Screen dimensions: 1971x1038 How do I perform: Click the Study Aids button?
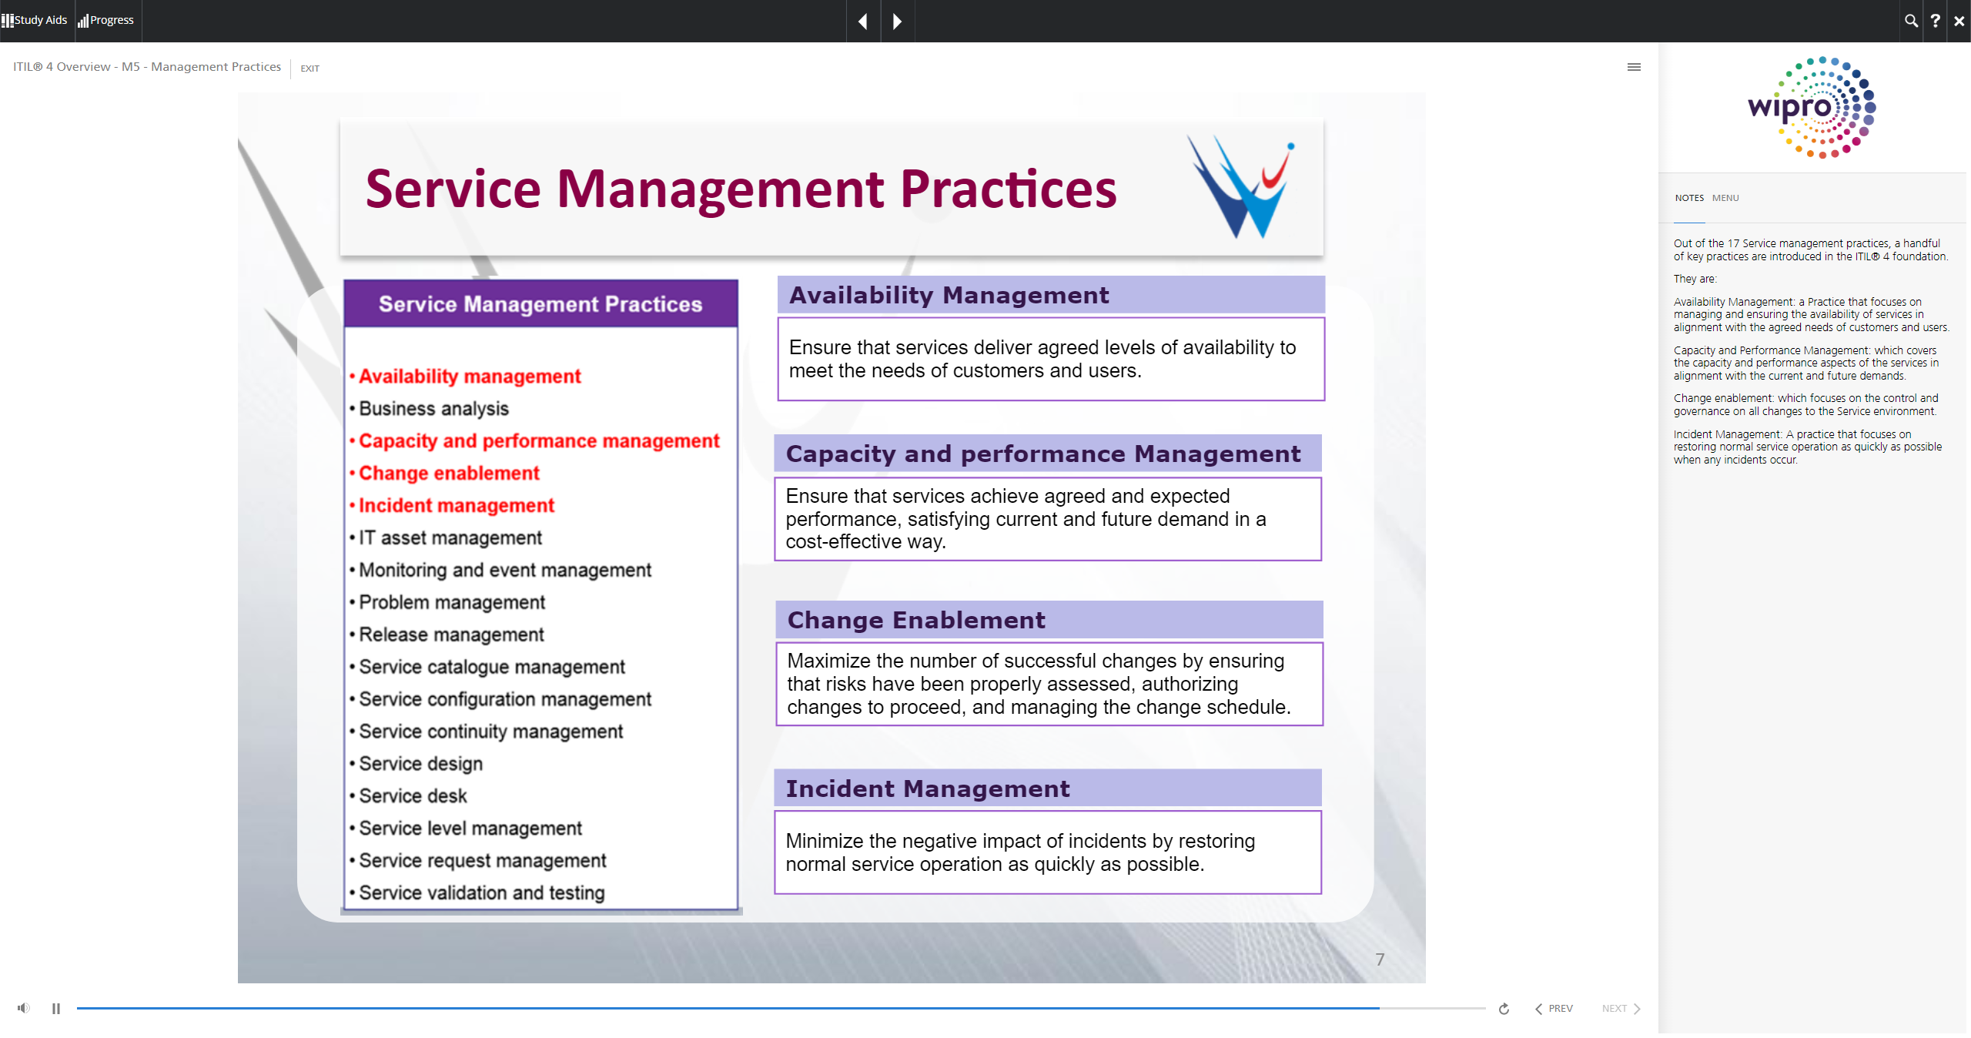click(35, 20)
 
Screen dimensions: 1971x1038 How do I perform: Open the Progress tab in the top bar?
click(106, 20)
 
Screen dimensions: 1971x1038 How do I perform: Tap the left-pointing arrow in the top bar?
click(863, 21)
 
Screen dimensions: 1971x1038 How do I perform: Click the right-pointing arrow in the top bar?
click(897, 21)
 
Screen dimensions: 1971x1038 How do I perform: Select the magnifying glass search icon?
click(1911, 21)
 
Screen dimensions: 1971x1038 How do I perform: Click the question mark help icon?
click(1935, 21)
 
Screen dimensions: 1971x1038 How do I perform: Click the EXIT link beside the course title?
click(310, 69)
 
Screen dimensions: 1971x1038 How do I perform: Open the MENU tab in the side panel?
click(1725, 198)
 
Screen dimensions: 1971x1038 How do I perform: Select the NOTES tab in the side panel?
click(1689, 198)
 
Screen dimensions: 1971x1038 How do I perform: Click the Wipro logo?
click(1812, 107)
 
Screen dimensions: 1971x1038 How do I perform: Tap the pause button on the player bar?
click(56, 1009)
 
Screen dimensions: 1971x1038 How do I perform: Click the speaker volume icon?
click(24, 1008)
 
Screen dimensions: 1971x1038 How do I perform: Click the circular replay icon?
click(1504, 1009)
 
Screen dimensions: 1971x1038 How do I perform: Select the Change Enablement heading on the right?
click(916, 620)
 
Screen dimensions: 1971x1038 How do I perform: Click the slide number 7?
click(1380, 959)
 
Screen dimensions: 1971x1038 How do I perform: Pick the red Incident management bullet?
click(452, 506)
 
